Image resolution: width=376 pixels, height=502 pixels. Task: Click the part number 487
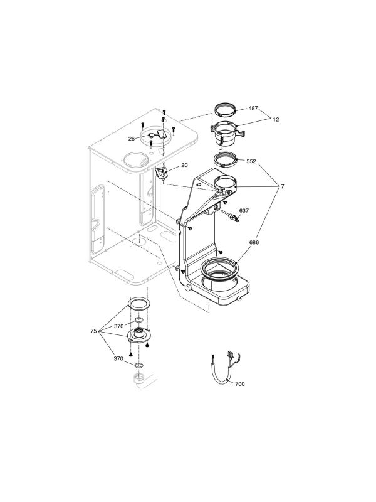253,108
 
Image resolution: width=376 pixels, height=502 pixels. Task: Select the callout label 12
276,119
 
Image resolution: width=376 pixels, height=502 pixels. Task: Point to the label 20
184,165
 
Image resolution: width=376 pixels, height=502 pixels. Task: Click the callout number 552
251,161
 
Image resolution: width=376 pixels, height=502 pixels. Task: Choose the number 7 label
283,187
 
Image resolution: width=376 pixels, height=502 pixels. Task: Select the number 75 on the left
93,330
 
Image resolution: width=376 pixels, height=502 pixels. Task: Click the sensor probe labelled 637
236,219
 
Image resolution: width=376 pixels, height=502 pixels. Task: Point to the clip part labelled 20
162,172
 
